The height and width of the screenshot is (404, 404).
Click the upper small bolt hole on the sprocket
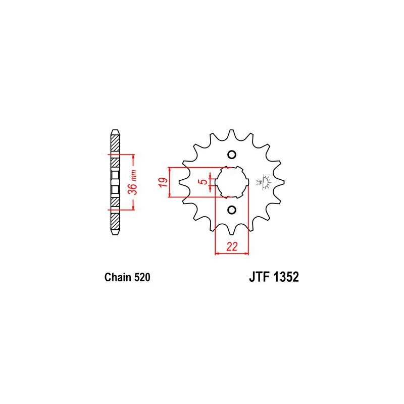tap(232, 155)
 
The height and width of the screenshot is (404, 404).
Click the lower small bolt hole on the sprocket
tap(232, 210)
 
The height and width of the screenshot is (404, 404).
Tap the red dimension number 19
tap(163, 182)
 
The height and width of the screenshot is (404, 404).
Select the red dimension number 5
tap(204, 182)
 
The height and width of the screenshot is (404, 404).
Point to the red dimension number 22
tap(232, 247)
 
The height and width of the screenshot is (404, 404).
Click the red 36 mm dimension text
tap(134, 182)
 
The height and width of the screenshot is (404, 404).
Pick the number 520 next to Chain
tap(142, 277)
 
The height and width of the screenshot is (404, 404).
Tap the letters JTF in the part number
tap(259, 277)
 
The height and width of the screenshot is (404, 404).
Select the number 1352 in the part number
tap(286, 277)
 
